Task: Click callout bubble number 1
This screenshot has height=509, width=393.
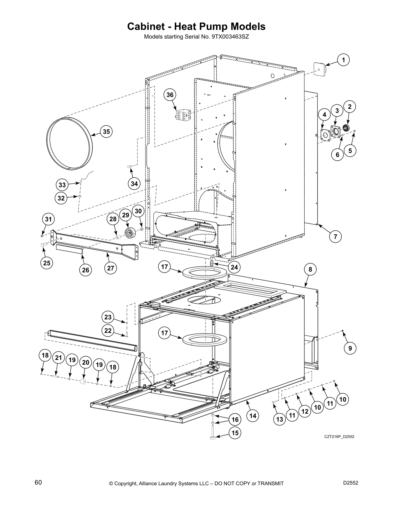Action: [x=343, y=60]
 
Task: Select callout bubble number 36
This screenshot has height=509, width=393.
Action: [x=170, y=95]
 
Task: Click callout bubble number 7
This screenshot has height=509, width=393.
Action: [x=335, y=237]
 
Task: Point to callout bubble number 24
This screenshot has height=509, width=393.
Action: [x=234, y=267]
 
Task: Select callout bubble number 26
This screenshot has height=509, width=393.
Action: [x=86, y=270]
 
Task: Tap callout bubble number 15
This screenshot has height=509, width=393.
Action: [x=235, y=433]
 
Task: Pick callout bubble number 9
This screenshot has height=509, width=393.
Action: [x=350, y=348]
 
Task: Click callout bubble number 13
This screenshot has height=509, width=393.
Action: [x=280, y=419]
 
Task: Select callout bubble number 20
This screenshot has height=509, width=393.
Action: [x=85, y=362]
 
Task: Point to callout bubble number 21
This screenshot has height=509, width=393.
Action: [x=58, y=358]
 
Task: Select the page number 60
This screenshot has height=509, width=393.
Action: [x=38, y=482]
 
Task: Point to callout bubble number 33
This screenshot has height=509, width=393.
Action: [x=62, y=185]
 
